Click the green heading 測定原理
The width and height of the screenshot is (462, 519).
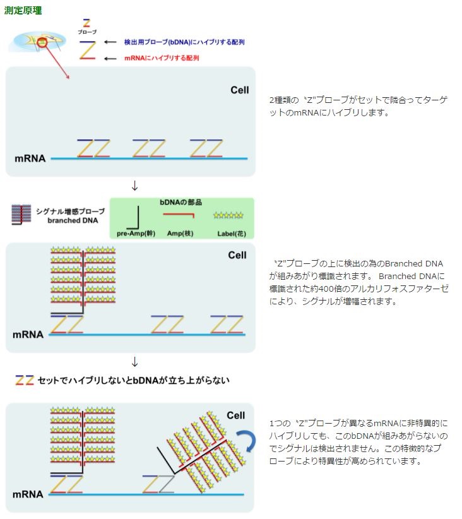(x=23, y=11)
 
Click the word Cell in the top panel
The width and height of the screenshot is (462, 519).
(x=239, y=90)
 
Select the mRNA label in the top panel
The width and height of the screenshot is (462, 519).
(x=30, y=158)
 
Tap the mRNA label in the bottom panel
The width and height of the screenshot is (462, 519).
(x=28, y=494)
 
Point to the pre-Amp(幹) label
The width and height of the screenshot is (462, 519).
(x=136, y=234)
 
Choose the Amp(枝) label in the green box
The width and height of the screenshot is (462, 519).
(x=180, y=234)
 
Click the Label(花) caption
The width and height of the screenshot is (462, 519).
(x=228, y=234)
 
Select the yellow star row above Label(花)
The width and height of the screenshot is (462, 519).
(x=228, y=215)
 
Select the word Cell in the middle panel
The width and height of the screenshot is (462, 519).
(x=237, y=255)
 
